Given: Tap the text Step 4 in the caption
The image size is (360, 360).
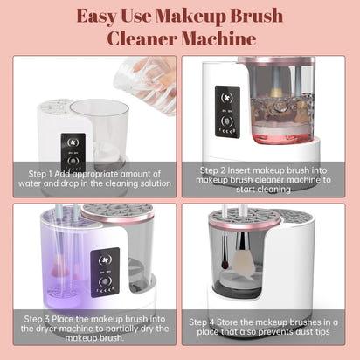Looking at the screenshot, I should coord(208,322).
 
